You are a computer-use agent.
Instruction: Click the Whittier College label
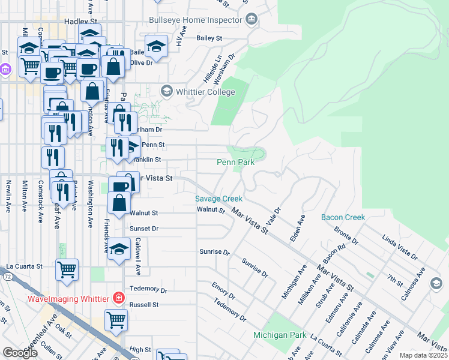205,92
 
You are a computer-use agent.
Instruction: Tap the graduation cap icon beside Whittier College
166,92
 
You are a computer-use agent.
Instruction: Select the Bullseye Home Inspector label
196,20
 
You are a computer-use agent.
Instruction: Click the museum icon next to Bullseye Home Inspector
252,20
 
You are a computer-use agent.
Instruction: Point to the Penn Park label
235,162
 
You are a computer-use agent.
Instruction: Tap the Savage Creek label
218,199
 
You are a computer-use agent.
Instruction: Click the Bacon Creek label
343,217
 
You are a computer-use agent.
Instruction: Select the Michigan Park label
279,335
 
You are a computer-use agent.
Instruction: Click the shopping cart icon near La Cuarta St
67,269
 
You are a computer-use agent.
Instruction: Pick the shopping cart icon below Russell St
116,319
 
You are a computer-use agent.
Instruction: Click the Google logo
20,353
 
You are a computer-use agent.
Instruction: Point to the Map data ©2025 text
423,355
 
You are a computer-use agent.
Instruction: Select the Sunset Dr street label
144,229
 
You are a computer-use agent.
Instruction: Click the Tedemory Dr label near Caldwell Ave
148,289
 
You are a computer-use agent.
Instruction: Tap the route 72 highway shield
7,277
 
